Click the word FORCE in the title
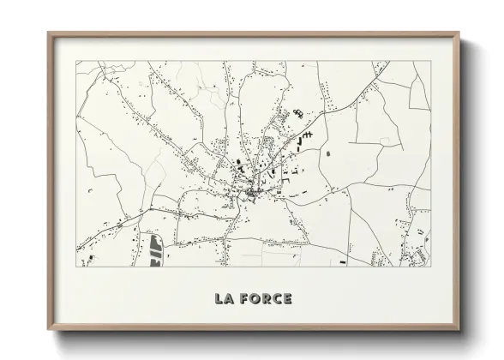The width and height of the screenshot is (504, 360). (267, 299)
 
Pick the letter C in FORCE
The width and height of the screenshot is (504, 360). (278, 299)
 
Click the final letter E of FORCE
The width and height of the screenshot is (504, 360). (288, 299)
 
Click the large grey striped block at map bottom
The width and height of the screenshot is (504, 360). (155, 250)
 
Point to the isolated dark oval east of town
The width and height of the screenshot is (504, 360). (327, 153)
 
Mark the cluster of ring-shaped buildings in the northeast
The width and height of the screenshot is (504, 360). (298, 113)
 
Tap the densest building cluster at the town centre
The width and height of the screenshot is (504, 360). (249, 193)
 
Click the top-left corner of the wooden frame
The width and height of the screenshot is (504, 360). (48, 33)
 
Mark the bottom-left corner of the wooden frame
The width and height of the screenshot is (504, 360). (48, 330)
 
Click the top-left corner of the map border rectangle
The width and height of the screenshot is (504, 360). (76, 61)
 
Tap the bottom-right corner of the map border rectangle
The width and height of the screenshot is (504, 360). (430, 267)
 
